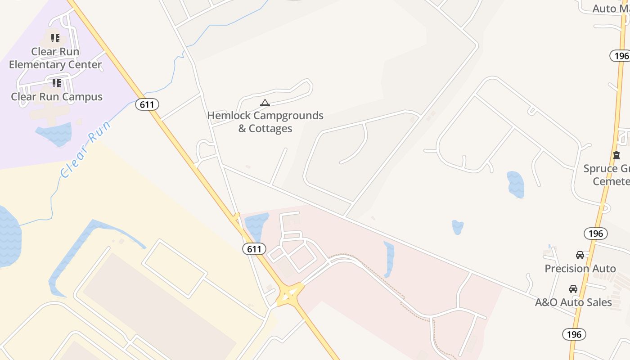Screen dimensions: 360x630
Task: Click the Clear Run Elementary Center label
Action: click(x=55, y=58)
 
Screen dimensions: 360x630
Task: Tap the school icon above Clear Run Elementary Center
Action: click(x=55, y=38)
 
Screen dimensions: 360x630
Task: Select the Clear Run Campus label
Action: click(x=57, y=97)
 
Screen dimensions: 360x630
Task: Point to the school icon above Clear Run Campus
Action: click(x=56, y=83)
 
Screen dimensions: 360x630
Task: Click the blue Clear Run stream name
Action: click(x=85, y=149)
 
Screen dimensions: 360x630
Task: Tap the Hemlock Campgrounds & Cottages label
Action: click(x=265, y=122)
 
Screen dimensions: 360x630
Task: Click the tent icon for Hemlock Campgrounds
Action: click(x=265, y=103)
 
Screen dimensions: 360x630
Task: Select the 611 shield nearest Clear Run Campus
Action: click(x=147, y=105)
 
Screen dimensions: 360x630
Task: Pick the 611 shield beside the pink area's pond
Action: click(x=254, y=249)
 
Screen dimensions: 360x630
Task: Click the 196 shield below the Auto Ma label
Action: click(x=620, y=56)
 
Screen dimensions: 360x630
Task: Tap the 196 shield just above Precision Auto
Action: click(x=596, y=234)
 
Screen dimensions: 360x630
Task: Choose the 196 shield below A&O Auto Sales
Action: click(x=574, y=334)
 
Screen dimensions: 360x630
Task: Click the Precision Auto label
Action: click(x=580, y=269)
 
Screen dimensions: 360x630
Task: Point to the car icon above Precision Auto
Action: click(x=580, y=255)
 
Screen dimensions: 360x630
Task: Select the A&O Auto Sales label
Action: click(x=573, y=302)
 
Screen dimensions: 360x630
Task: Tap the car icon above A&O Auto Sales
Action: click(x=573, y=289)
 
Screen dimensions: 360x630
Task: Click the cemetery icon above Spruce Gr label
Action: click(x=616, y=155)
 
